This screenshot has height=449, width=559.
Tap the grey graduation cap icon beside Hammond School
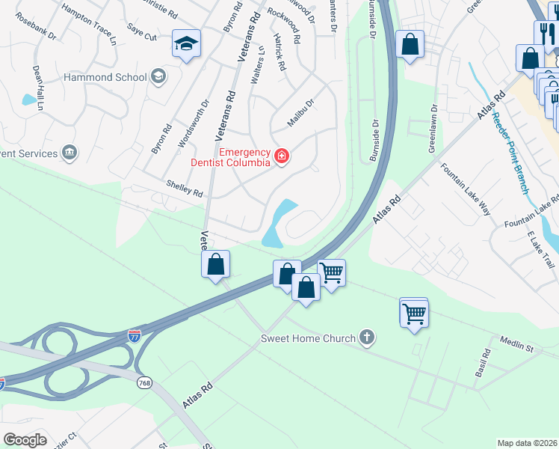[158, 76]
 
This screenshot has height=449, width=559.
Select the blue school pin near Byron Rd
[185, 43]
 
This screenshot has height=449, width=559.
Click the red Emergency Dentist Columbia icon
[282, 156]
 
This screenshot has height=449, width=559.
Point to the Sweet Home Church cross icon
[365, 338]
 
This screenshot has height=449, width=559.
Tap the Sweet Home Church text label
[308, 338]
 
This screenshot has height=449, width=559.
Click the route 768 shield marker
[145, 382]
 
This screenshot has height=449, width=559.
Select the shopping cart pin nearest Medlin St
[414, 314]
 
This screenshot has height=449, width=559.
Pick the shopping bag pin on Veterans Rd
[215, 264]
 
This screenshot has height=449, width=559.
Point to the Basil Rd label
[485, 363]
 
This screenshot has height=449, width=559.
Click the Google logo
[25, 440]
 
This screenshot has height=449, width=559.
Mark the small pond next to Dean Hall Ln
[28, 99]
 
